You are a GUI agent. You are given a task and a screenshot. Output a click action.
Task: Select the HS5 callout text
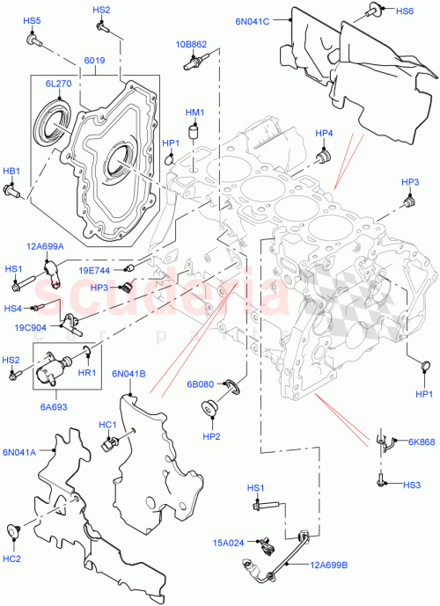(x=32, y=19)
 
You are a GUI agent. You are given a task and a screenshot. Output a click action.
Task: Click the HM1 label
(x=194, y=113)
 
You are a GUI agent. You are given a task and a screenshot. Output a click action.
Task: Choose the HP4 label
(x=325, y=133)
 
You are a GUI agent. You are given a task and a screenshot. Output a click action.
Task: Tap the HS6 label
(x=405, y=11)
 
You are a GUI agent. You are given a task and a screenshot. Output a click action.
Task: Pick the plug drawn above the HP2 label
(x=211, y=408)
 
